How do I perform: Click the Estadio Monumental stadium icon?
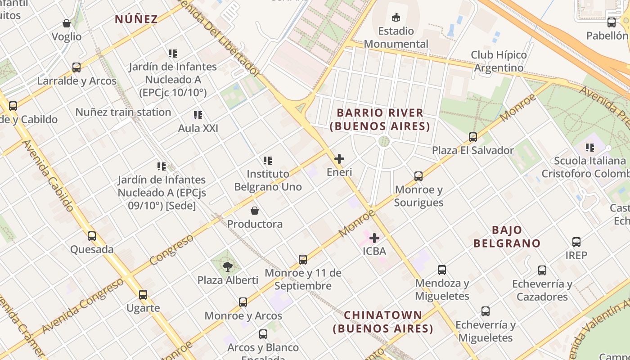[396, 18]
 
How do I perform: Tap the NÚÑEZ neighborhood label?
[136, 19]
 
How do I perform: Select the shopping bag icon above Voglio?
[67, 23]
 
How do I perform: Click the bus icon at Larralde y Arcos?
[76, 67]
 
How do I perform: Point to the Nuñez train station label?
[123, 112]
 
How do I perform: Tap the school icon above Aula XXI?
[198, 115]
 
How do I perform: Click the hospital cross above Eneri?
[339, 159]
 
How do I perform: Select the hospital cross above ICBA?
[374, 238]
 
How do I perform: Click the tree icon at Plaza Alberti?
[228, 266]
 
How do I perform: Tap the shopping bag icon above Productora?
[255, 211]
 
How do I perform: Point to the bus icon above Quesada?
[92, 236]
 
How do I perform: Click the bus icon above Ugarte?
[143, 295]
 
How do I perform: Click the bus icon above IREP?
[576, 242]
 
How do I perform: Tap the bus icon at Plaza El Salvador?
[473, 137]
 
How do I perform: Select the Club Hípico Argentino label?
[499, 61]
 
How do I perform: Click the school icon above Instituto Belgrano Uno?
[268, 160]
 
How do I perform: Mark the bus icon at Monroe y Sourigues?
[418, 176]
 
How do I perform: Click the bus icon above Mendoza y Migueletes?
[442, 270]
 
